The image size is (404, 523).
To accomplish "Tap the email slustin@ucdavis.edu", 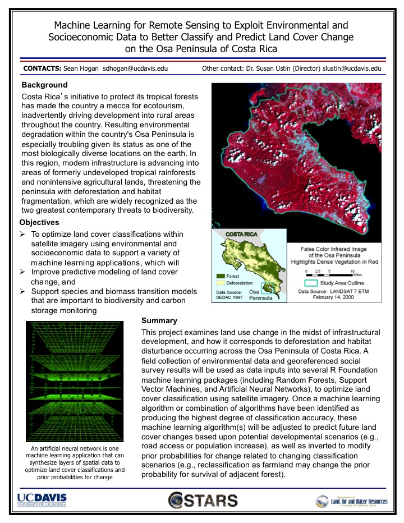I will [352, 68].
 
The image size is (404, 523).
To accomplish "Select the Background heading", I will [44, 85].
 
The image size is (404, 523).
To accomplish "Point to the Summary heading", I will [159, 320].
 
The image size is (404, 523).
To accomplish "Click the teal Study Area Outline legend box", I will [307, 283].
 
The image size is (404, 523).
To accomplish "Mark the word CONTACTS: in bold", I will [42, 68].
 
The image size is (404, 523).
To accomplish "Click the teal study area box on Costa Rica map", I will [273, 286].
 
